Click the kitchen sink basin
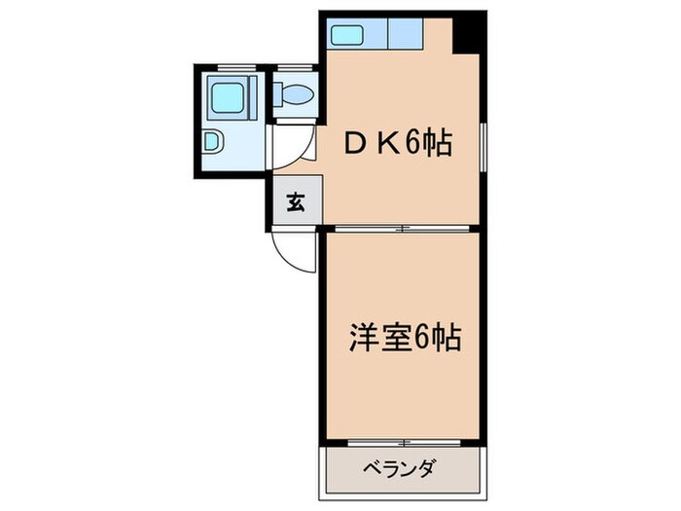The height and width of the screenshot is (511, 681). point(345,36)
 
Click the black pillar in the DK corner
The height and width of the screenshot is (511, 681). point(470,33)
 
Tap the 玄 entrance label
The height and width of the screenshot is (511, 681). point(293,203)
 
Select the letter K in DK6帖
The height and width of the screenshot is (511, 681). point(388,145)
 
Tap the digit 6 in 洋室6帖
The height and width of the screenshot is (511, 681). point(421,339)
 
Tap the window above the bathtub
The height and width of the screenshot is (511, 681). point(231,67)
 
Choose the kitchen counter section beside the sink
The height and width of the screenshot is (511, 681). point(406,36)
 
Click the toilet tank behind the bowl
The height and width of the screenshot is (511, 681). point(278,94)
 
